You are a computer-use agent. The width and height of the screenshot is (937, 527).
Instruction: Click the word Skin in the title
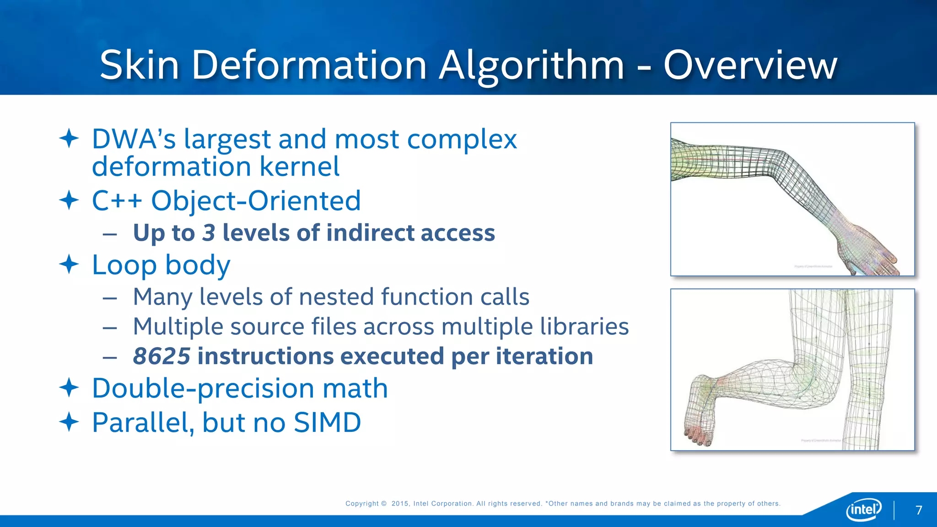coord(139,65)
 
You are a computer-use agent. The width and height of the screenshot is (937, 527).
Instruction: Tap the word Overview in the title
coord(750,65)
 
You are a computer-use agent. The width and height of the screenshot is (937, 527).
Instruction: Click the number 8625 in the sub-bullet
coord(162,356)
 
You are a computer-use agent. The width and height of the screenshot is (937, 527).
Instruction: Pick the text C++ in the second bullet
coord(117,200)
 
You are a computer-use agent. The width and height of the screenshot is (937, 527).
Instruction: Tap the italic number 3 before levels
coord(209,232)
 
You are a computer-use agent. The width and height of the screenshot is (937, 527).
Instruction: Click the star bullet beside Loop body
coord(69,264)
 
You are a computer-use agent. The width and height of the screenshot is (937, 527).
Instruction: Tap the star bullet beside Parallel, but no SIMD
coord(69,422)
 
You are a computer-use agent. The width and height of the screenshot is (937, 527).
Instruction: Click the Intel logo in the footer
coord(864,509)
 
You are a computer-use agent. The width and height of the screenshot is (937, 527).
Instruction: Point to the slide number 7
coord(919,510)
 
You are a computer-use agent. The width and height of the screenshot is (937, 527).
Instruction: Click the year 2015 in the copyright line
coord(400,504)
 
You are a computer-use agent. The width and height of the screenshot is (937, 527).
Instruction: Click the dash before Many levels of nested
coord(110,298)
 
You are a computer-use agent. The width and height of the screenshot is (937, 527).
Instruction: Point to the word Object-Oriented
coord(256,200)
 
